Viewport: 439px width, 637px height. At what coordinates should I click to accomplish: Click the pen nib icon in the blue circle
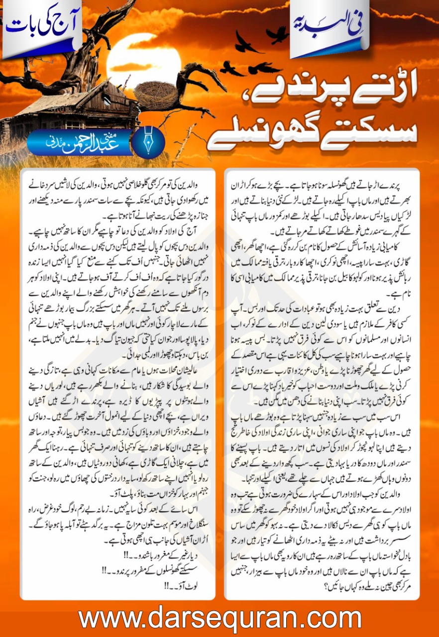pos(149,142)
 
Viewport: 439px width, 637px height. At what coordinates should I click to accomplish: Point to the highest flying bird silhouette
pos(277,34)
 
